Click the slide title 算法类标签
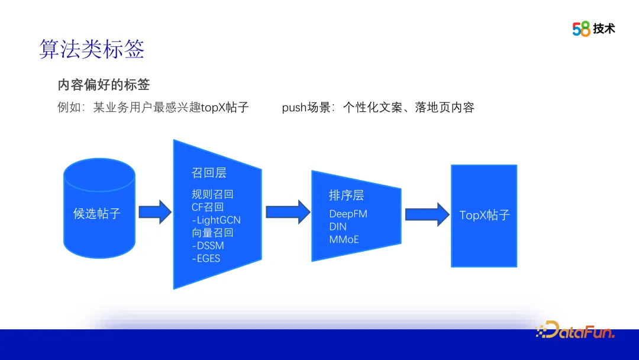[92, 49]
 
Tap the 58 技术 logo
[593, 28]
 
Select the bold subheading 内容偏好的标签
[104, 85]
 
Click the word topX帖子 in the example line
[225, 107]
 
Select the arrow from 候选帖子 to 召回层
[154, 212]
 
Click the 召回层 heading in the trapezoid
[209, 172]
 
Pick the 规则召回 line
[212, 194]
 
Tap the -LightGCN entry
[216, 220]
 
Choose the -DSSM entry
[208, 245]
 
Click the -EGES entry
[206, 258]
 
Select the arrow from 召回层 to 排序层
[288, 212]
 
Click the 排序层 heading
[346, 195]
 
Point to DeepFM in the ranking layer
[348, 214]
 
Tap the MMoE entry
[344, 239]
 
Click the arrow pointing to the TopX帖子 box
[427, 214]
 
